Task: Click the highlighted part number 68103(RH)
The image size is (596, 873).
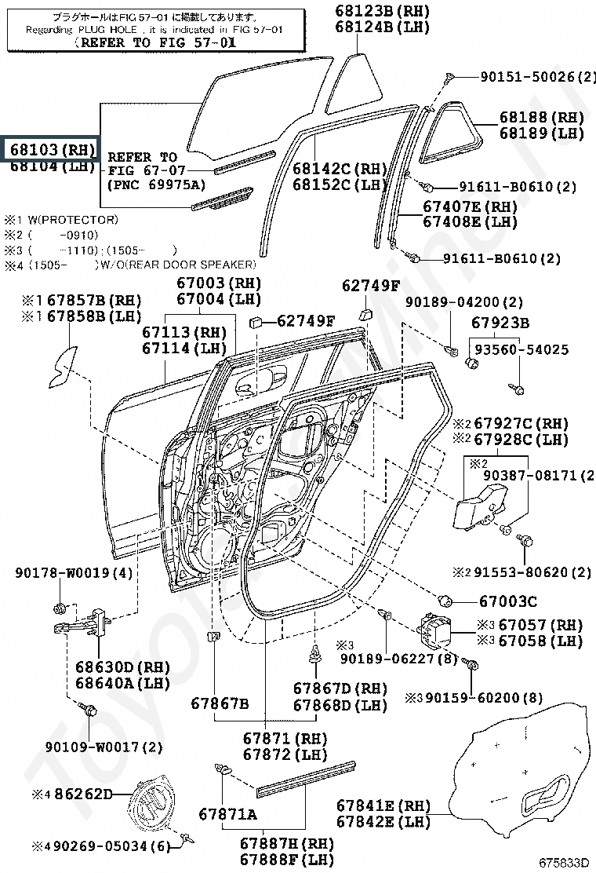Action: click(x=51, y=148)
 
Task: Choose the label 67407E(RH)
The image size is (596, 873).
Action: click(x=470, y=206)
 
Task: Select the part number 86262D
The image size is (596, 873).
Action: click(x=78, y=794)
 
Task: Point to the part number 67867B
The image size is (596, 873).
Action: click(x=220, y=703)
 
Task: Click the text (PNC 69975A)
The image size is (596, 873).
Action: click(x=155, y=184)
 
